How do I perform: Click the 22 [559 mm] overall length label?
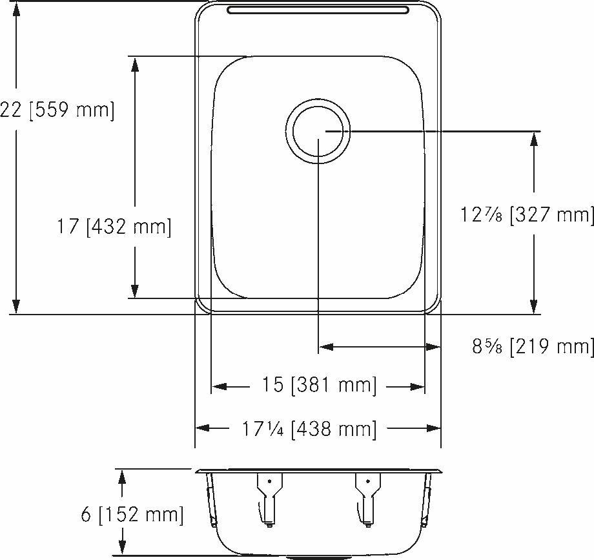tap(57, 110)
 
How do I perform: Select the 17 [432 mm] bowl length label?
tap(114, 227)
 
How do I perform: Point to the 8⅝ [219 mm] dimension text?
tap(532, 347)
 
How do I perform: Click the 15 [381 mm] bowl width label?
tap(319, 386)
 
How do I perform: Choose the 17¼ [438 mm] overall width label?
tap(309, 428)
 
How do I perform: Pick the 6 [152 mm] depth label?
tap(132, 515)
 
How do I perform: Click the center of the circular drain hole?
tap(319, 131)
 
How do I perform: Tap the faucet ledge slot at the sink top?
tap(319, 10)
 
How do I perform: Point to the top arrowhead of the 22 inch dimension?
tap(17, 9)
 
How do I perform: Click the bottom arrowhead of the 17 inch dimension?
tap(134, 291)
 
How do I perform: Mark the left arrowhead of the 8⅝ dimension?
tap(327, 347)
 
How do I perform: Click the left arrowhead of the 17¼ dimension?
tap(203, 428)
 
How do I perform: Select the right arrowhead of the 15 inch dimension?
tap(417, 387)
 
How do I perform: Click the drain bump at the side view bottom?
tap(319, 555)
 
